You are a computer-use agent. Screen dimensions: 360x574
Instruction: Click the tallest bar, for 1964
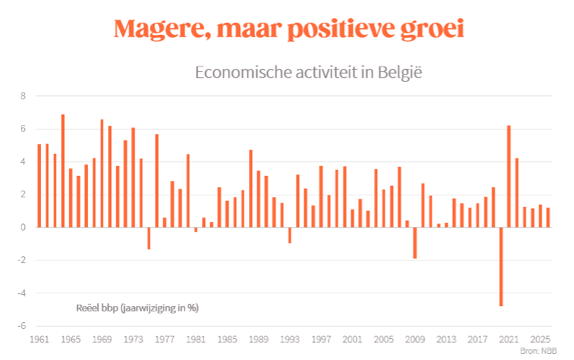pos(63,171)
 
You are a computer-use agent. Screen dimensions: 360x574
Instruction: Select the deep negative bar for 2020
pos(501,266)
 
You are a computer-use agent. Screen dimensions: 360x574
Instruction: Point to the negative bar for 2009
pos(415,243)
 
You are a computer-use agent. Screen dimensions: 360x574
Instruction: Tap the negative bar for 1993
pos(289,235)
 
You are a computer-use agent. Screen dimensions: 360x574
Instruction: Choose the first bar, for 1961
pos(39,186)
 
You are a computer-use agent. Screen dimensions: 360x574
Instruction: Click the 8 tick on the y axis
pos(23,96)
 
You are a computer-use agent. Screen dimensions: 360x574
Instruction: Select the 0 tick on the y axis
pos(23,227)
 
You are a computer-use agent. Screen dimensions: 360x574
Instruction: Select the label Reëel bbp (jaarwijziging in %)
pos(137,308)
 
